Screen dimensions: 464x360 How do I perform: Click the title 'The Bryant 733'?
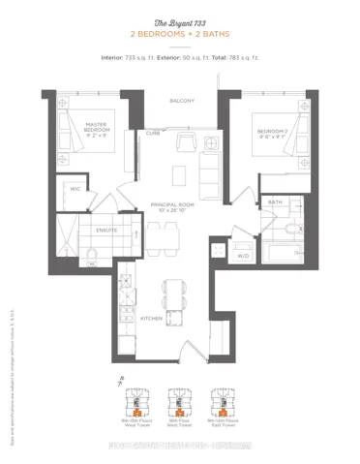point(180,21)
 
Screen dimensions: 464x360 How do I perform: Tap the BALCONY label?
point(180,101)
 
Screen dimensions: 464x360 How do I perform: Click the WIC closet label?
point(74,189)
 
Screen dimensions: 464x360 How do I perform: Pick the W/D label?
point(243,256)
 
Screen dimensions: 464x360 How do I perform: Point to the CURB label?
point(154,133)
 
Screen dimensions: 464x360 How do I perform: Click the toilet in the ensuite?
point(90,254)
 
